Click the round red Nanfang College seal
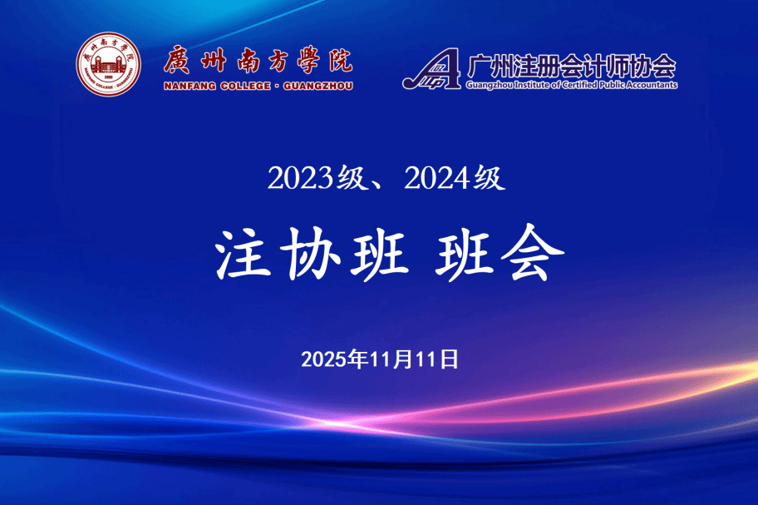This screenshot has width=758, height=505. (x=108, y=64)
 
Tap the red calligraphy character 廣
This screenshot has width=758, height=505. (x=177, y=61)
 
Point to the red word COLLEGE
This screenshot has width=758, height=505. (x=245, y=86)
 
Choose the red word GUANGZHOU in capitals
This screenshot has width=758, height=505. (x=318, y=86)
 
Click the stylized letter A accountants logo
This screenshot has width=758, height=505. (x=431, y=69)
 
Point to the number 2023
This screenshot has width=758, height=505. (x=300, y=178)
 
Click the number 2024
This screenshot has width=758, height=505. (x=437, y=178)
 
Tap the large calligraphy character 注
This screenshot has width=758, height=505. (x=244, y=254)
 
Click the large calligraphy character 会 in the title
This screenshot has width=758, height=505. (x=532, y=253)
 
